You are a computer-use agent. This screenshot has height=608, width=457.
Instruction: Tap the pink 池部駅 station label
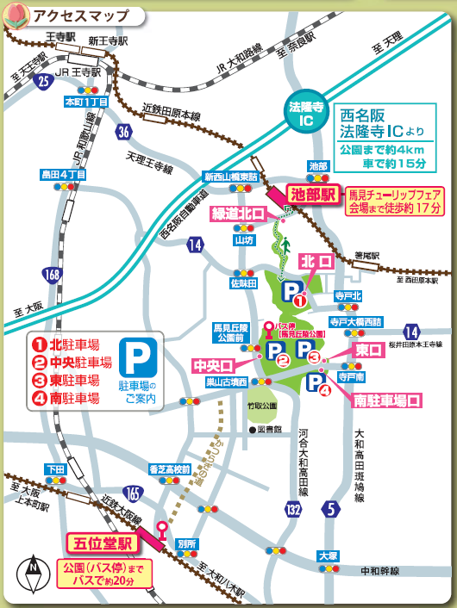313,195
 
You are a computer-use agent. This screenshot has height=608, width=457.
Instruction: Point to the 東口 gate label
369,350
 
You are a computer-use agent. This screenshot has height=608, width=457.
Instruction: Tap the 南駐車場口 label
387,400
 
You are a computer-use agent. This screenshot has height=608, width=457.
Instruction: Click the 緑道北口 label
238,214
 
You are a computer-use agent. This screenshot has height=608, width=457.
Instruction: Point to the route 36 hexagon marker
125,132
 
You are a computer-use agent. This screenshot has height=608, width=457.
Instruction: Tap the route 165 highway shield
132,493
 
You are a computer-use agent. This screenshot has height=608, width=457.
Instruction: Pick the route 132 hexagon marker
295,510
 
